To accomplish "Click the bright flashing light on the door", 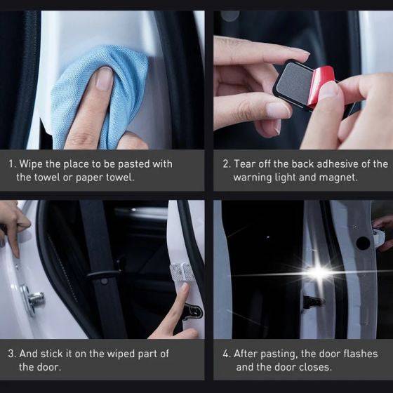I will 319,272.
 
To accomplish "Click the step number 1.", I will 11,164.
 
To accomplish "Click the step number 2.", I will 226,164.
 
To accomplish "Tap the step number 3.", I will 11,353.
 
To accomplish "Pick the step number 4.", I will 226,354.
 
